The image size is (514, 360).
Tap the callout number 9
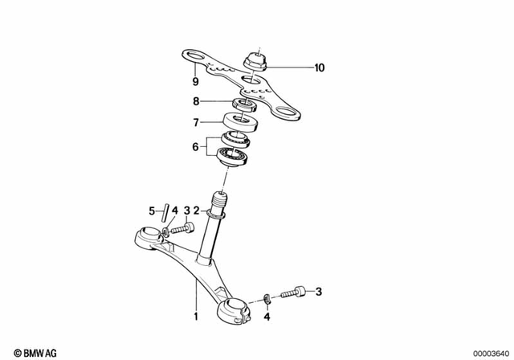194,81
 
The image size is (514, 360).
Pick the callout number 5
151,211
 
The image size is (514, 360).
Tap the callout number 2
196,211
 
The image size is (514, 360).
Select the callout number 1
194,306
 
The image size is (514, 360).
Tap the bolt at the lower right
297,292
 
